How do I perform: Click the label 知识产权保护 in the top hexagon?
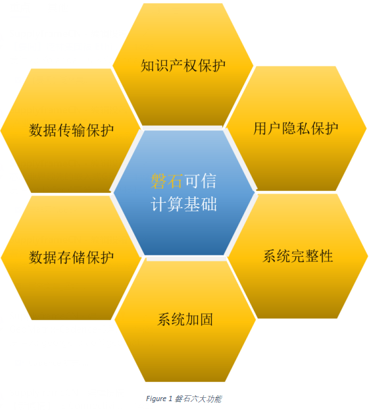point(183,66)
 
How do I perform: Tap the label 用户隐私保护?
point(295,128)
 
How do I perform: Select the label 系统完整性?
point(298,256)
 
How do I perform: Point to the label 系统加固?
point(185,319)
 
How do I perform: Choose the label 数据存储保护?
point(71,258)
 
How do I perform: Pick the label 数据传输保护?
point(71,130)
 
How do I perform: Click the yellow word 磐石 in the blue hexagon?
point(167,181)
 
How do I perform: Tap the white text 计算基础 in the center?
point(184,204)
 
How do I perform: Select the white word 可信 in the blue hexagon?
point(201,181)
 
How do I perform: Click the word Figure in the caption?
point(157,399)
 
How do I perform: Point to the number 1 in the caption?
point(170,399)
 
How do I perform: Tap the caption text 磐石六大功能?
point(198,399)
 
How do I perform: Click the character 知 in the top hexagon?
point(147,66)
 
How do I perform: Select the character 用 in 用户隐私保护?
point(260,128)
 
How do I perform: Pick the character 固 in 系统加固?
point(207,319)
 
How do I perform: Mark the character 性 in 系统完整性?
point(326,256)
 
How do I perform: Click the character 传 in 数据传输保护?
point(64,130)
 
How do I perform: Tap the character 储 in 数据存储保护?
point(78,258)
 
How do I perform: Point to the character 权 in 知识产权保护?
point(190,66)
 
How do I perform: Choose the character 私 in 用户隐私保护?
point(303,128)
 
